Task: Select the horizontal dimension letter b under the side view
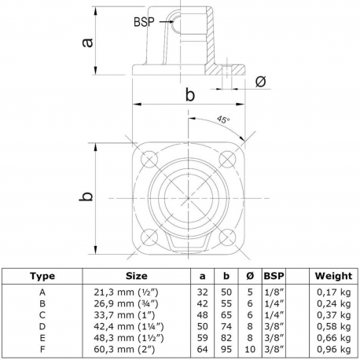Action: (189, 95)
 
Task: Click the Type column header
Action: (42, 276)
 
